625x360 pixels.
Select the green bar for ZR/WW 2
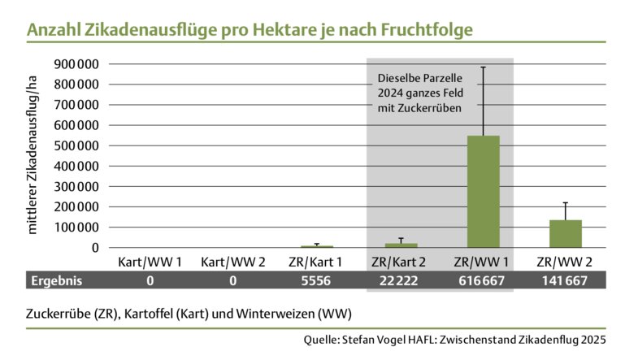(x=565, y=233)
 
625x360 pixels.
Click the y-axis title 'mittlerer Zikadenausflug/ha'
(x=33, y=154)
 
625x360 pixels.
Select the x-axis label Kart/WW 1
(x=150, y=262)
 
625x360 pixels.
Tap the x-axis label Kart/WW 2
(x=232, y=262)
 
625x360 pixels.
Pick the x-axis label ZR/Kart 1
(x=315, y=262)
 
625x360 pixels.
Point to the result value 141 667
(x=565, y=280)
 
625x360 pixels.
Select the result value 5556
(x=315, y=280)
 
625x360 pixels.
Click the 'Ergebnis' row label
(x=56, y=280)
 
